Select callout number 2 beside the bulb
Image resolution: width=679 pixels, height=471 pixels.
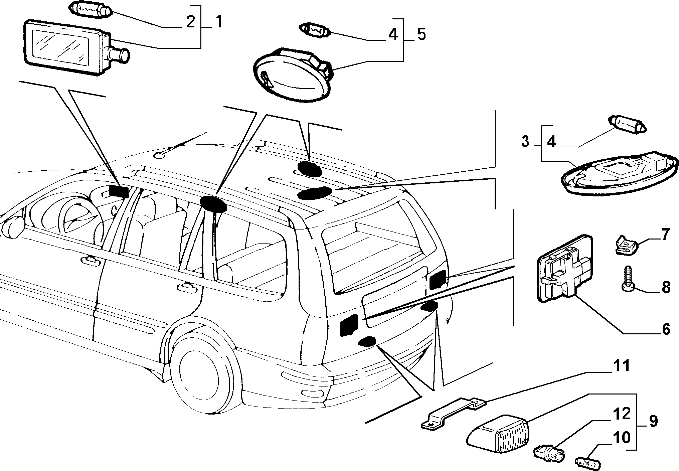coord(190,22)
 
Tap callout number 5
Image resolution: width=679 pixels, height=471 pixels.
coord(421,34)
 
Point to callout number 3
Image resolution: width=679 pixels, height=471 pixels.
coord(525,142)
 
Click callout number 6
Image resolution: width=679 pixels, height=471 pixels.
coord(666,329)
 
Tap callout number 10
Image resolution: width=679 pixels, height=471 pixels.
coord(622,438)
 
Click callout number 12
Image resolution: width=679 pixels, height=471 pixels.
coord(622,414)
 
